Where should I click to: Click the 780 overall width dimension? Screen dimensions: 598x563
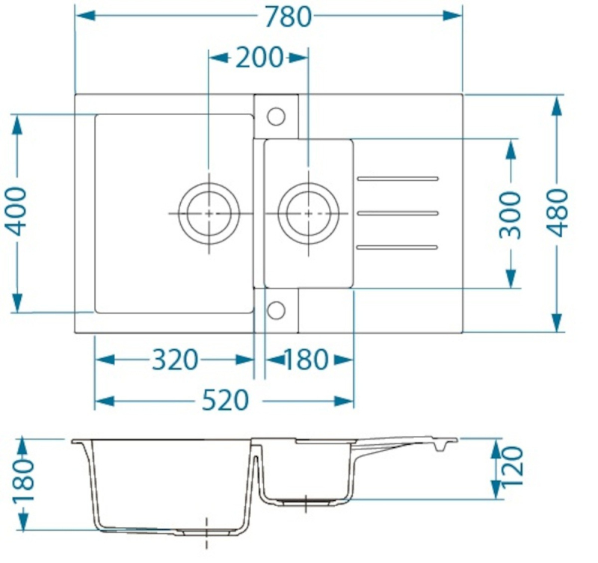(289, 17)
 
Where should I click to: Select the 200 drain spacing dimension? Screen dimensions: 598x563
(259, 58)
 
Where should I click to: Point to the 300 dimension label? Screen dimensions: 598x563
(511, 215)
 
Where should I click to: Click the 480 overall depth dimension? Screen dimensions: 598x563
(558, 212)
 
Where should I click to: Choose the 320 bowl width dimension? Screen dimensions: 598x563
(175, 360)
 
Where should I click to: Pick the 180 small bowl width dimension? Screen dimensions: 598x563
(306, 360)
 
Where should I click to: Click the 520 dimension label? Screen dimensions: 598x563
(225, 401)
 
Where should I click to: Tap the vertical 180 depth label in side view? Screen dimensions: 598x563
(24, 481)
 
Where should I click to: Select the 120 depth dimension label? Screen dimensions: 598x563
(512, 466)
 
